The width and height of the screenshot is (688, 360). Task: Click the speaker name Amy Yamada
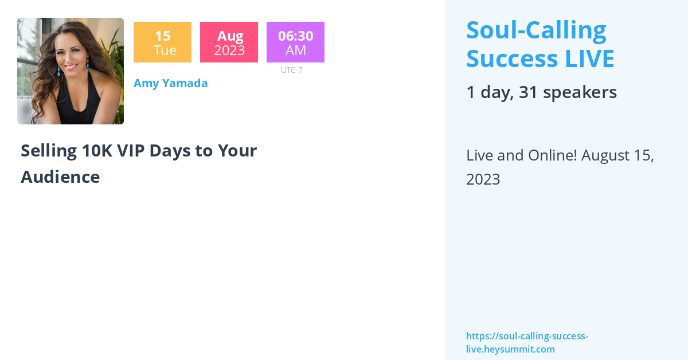170,83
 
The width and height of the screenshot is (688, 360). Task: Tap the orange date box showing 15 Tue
162,42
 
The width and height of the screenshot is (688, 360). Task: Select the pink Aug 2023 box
229,42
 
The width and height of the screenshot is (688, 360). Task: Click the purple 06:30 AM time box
295,42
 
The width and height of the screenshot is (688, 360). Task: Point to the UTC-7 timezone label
291,70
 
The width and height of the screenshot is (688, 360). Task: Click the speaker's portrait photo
71,71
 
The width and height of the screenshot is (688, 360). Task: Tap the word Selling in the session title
49,151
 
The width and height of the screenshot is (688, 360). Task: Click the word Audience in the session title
60,177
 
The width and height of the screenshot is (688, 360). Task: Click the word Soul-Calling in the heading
536,30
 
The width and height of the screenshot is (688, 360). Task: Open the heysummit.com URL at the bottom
527,342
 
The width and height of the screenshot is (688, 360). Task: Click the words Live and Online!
521,155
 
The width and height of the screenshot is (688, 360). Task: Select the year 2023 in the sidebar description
483,179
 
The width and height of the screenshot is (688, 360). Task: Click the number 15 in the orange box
162,36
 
